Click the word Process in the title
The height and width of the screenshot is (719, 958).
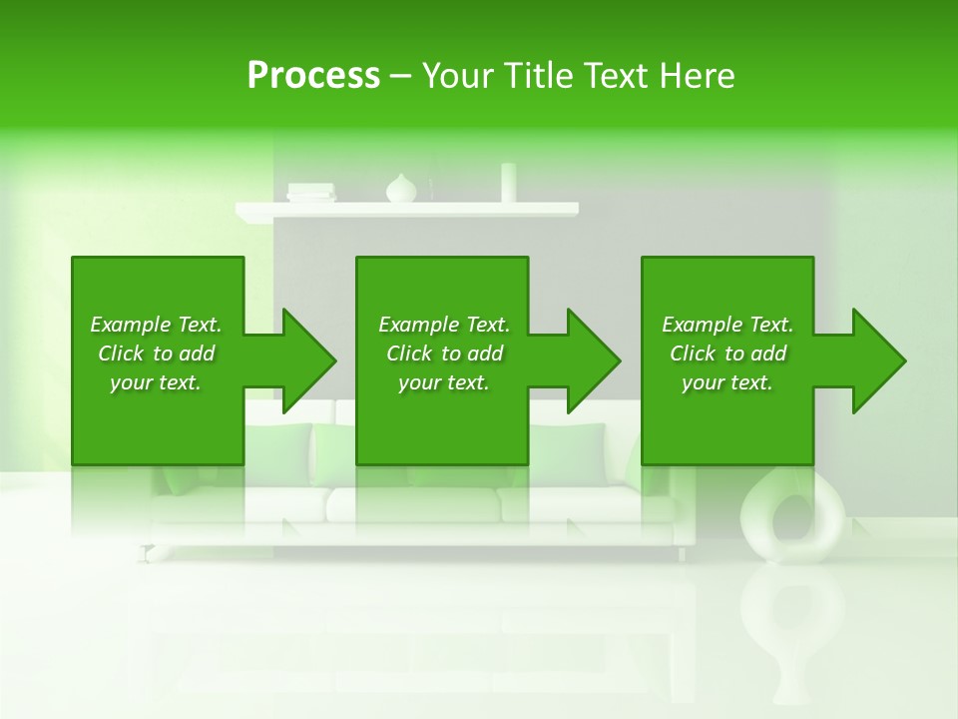[313, 76]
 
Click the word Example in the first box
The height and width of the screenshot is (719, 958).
[131, 325]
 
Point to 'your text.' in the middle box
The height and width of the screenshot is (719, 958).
[443, 382]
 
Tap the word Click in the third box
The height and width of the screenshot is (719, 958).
[693, 354]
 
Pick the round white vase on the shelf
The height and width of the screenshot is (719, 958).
[401, 189]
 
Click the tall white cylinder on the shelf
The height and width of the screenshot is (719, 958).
[508, 183]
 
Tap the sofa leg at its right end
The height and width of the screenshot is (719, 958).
[683, 552]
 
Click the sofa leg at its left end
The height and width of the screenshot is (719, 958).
[149, 551]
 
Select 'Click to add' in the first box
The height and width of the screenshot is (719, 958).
[156, 354]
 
